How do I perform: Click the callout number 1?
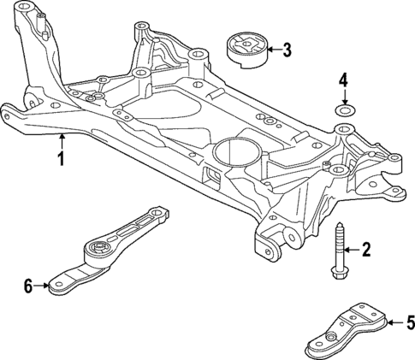61,160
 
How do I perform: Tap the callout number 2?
366,250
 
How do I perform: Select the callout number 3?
287,50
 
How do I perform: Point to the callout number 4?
343,81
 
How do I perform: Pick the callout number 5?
409,323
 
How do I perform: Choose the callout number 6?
27,286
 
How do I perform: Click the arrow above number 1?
61,141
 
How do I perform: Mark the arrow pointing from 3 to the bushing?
270,50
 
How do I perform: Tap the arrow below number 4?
343,97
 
